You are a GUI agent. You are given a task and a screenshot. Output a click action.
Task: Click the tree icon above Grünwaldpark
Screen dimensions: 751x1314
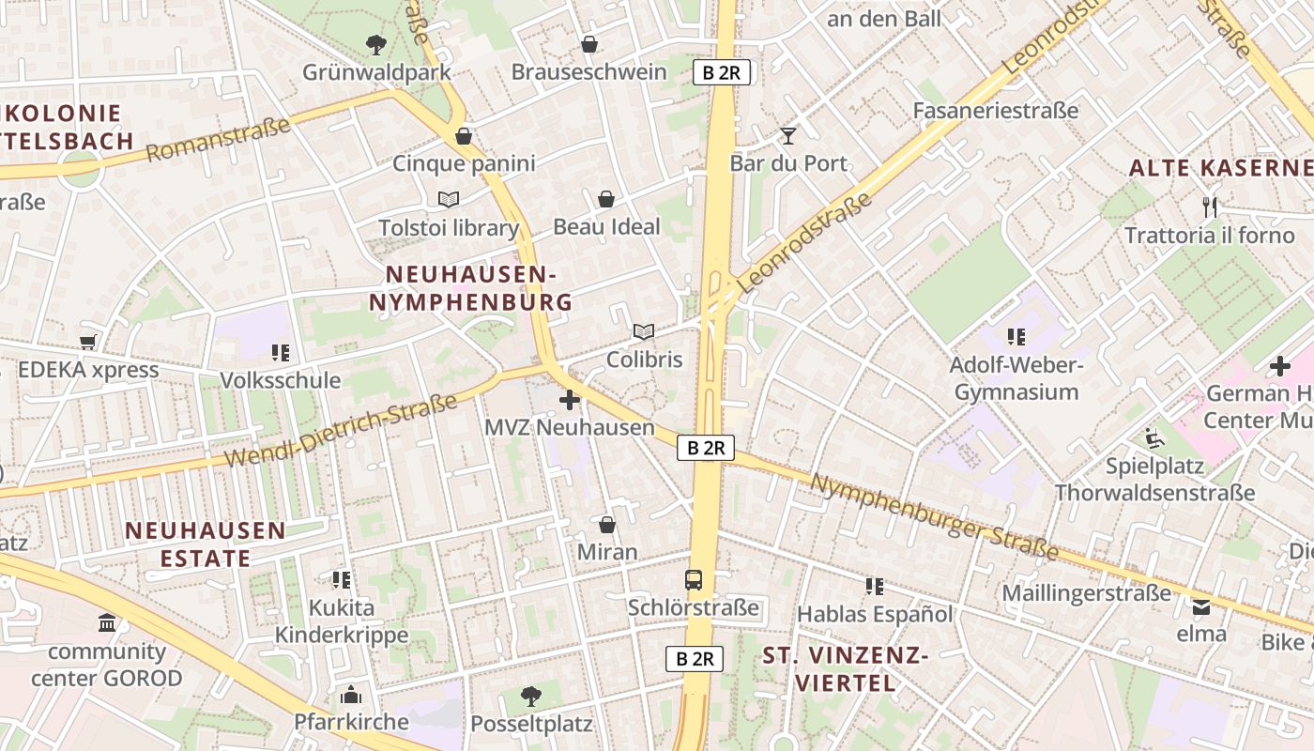[375, 44]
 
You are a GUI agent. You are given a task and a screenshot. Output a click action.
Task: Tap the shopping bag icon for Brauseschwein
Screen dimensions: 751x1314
[589, 44]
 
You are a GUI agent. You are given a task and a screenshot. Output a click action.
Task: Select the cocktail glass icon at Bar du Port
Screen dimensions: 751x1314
[788, 136]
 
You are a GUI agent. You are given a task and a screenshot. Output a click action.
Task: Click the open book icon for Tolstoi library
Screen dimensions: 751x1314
[449, 199]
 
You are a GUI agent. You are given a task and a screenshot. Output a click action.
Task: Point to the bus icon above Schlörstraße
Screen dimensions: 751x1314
[694, 580]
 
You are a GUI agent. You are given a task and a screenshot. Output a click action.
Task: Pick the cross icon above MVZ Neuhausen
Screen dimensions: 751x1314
[570, 401]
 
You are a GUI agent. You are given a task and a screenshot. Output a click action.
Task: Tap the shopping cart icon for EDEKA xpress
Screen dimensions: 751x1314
[88, 342]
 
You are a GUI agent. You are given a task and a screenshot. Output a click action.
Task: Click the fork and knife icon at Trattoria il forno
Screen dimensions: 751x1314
[1210, 207]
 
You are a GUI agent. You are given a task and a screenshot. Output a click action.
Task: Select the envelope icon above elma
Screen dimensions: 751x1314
[1201, 606]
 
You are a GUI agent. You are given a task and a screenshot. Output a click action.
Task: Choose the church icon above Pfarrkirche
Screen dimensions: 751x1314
[351, 695]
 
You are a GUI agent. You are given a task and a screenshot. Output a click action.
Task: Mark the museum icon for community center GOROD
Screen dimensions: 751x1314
[107, 623]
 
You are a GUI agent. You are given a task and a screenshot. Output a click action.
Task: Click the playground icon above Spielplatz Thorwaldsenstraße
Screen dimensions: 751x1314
[1154, 437]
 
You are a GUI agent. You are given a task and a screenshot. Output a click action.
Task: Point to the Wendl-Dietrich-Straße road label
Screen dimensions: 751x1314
[343, 430]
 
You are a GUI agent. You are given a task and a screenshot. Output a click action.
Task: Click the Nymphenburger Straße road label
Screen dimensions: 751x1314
[934, 516]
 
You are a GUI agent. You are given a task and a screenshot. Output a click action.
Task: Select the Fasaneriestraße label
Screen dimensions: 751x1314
[996, 111]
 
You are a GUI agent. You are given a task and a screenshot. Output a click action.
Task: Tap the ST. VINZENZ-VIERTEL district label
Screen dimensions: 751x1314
[846, 668]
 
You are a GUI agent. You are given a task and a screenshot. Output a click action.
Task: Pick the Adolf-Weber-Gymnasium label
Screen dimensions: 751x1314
[1016, 377]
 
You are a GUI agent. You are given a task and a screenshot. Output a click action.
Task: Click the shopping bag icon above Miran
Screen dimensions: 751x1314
[607, 525]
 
